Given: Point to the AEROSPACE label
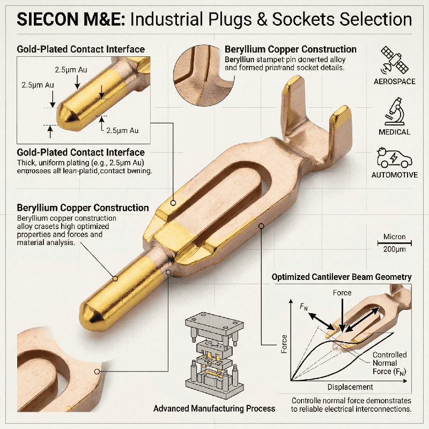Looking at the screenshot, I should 394,82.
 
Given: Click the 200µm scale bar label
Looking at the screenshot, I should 394,249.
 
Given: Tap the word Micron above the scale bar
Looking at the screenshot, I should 394,236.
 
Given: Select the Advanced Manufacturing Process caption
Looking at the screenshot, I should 214,409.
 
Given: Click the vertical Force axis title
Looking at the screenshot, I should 284,346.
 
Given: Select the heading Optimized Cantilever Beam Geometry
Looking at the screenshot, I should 342,277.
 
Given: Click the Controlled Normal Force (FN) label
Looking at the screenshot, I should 389,363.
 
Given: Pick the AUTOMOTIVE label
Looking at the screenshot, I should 394,175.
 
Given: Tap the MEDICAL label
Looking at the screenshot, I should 394,132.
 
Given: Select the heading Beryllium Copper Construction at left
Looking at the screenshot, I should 83,208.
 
